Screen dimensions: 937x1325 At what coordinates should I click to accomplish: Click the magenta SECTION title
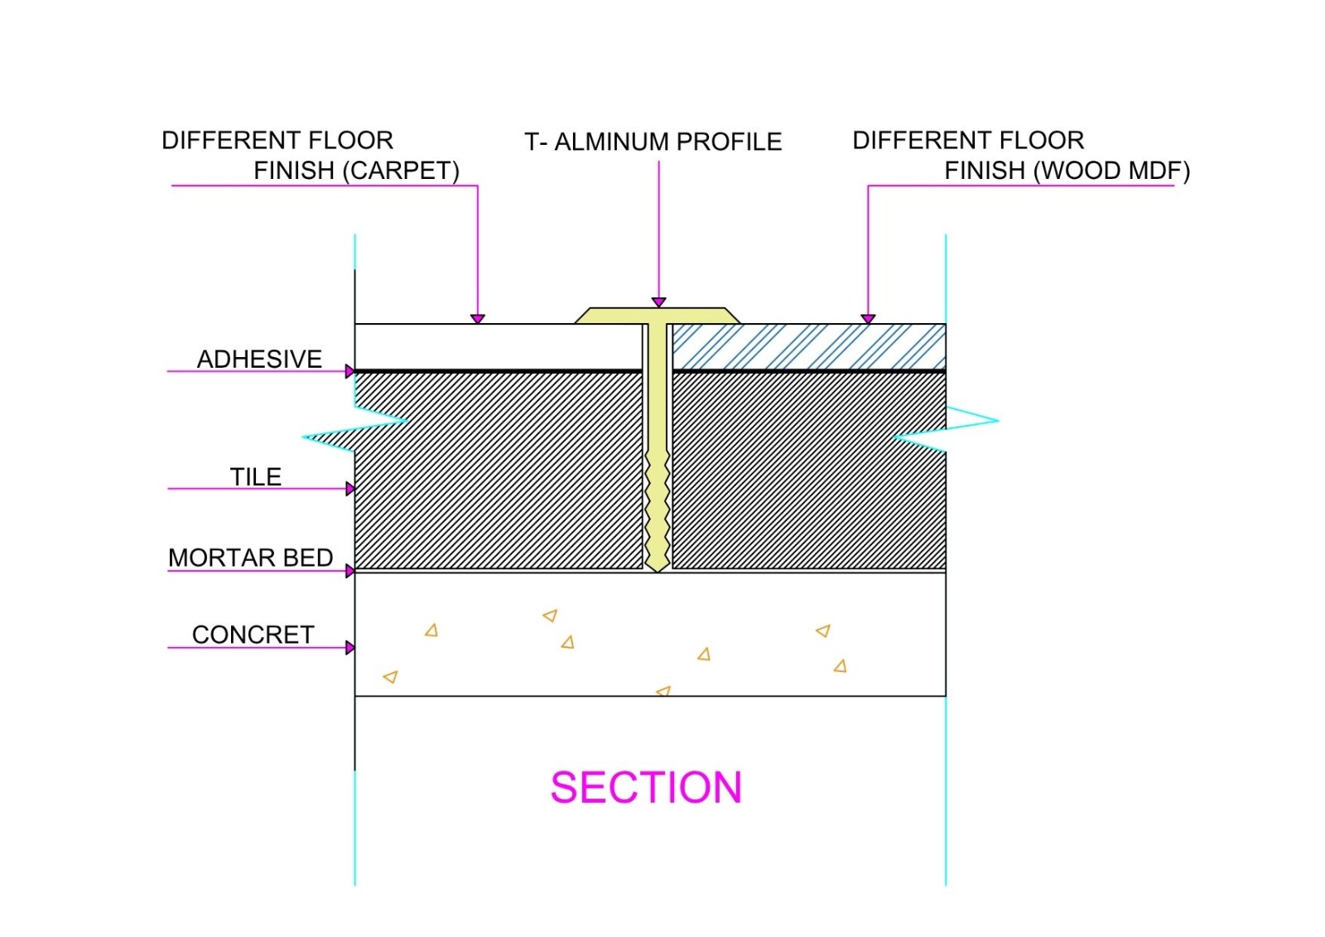pos(646,787)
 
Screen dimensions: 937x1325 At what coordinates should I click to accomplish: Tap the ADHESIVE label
pos(259,359)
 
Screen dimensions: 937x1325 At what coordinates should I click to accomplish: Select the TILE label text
pos(255,476)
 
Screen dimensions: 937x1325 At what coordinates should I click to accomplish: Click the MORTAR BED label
pos(250,558)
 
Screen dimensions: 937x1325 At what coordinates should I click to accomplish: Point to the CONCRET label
pos(253,635)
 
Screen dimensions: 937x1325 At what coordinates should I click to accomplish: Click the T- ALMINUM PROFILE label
pos(653,142)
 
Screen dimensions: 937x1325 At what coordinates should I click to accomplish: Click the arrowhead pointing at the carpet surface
pos(478,319)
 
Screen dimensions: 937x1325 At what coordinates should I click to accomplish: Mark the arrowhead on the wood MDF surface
pos(868,319)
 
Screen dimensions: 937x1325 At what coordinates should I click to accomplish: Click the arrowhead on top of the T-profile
pos(658,302)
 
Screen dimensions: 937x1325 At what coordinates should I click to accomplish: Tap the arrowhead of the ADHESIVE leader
pos(350,371)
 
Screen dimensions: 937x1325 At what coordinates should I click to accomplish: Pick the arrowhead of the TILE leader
pos(350,489)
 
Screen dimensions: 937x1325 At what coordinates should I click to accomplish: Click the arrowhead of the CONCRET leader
pos(350,648)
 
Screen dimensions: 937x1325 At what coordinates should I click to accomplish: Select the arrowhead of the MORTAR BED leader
pos(350,571)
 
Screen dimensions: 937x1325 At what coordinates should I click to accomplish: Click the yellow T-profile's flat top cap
pos(658,316)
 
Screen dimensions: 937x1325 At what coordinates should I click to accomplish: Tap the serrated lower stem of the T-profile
pos(658,514)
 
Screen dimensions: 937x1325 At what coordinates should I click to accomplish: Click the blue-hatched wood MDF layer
pos(808,346)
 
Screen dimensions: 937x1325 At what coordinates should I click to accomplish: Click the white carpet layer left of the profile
pos(497,346)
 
